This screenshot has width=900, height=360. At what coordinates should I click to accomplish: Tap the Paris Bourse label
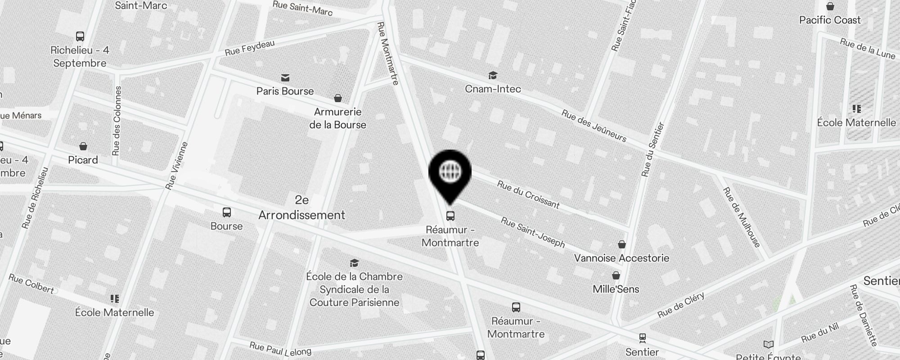pyautogui.click(x=285, y=91)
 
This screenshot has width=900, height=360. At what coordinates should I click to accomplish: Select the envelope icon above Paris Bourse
pyautogui.click(x=285, y=78)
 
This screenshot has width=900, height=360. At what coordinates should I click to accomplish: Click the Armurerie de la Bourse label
pyautogui.click(x=337, y=118)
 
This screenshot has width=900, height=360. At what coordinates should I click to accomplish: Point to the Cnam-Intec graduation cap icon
pyautogui.click(x=493, y=75)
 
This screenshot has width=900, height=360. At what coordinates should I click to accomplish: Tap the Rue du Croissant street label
pyautogui.click(x=528, y=195)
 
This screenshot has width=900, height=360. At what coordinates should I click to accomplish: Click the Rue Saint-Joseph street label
pyautogui.click(x=533, y=232)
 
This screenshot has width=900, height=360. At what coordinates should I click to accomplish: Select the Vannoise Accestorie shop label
pyautogui.click(x=621, y=258)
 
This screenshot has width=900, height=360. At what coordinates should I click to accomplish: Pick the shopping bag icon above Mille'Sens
pyautogui.click(x=616, y=275)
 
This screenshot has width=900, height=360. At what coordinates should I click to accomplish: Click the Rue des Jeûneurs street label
pyautogui.click(x=594, y=126)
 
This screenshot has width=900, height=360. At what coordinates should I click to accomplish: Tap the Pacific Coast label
pyautogui.click(x=830, y=20)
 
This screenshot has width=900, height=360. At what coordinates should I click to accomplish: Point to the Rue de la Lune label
pyautogui.click(x=868, y=49)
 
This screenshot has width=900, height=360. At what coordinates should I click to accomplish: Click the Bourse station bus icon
pyautogui.click(x=227, y=212)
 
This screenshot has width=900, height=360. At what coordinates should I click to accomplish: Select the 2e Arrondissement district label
pyautogui.click(x=301, y=208)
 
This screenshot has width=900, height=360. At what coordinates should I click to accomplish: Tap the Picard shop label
pyautogui.click(x=83, y=160)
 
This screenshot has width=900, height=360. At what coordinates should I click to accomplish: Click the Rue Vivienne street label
pyautogui.click(x=176, y=166)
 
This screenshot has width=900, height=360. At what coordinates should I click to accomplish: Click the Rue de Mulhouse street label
pyautogui.click(x=741, y=217)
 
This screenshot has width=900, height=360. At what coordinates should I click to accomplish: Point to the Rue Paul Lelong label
pyautogui.click(x=280, y=349)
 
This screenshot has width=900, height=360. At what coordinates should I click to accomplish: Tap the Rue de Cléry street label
pyautogui.click(x=681, y=305)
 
